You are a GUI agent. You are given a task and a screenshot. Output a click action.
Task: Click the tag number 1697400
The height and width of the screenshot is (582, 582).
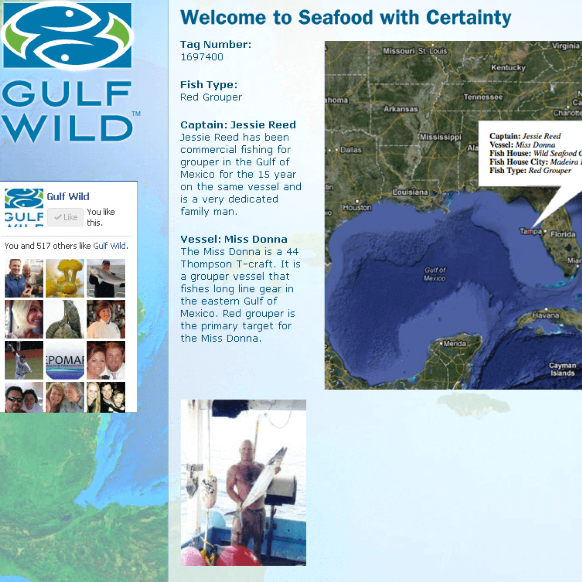[202, 57]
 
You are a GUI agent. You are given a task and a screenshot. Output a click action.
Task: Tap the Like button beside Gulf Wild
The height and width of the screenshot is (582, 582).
[66, 217]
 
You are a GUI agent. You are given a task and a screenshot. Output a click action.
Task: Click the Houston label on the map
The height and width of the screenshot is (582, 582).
[357, 208]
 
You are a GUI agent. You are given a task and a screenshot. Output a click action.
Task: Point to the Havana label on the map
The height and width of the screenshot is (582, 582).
[545, 315]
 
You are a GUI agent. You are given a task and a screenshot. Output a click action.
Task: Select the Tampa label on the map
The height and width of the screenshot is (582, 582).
[530, 231]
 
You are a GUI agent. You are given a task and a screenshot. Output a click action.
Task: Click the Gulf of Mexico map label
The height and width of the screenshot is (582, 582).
[434, 274]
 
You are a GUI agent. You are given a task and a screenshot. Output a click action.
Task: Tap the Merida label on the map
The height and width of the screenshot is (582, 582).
[454, 344]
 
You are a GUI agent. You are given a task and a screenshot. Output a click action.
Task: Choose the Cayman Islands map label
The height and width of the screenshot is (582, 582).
[562, 369]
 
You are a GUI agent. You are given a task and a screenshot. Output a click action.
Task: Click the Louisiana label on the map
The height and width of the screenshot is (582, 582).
[410, 192]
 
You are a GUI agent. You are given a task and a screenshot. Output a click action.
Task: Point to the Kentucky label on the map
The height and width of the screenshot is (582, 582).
[508, 68]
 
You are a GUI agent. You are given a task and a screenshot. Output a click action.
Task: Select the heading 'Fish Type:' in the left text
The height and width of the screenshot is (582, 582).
[209, 85]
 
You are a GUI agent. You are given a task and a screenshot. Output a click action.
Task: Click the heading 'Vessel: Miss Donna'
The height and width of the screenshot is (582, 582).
[234, 239]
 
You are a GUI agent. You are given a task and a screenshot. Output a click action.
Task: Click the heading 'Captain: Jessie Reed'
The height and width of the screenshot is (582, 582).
[238, 125]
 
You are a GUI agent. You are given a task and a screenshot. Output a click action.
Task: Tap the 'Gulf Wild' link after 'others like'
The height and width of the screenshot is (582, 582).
[109, 246]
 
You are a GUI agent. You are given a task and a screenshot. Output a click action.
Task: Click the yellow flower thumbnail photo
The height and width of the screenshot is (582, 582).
[65, 278]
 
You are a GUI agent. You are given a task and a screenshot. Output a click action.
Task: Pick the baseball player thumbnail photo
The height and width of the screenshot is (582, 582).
[24, 360]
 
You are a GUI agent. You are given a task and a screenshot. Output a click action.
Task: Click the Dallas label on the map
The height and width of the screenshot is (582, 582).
[351, 150]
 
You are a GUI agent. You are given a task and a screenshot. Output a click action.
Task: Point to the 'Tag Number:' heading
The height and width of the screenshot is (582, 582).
[216, 45]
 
